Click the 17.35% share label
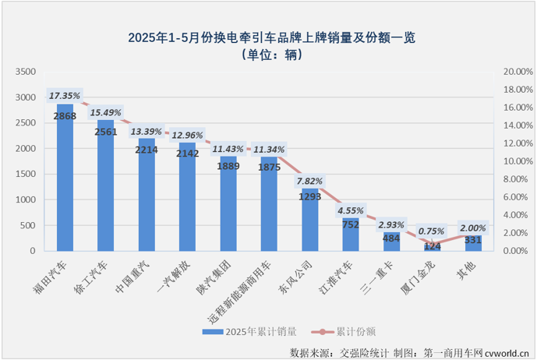point(65,96)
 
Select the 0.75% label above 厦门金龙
point(432,231)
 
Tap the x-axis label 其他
point(468,265)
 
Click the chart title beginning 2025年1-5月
point(267,37)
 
